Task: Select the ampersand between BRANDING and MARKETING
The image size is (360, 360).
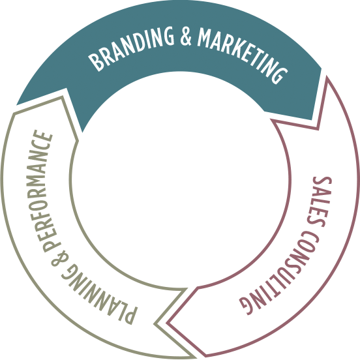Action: [186, 37]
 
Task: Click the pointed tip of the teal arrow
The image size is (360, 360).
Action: [312, 119]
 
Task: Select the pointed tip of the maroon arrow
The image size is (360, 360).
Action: [167, 323]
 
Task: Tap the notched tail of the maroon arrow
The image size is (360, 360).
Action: [318, 130]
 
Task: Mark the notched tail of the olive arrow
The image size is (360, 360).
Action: [155, 324]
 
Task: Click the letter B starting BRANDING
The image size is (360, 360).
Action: [95, 63]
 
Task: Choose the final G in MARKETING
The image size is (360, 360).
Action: [280, 76]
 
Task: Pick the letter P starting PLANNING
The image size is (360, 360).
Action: [130, 316]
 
